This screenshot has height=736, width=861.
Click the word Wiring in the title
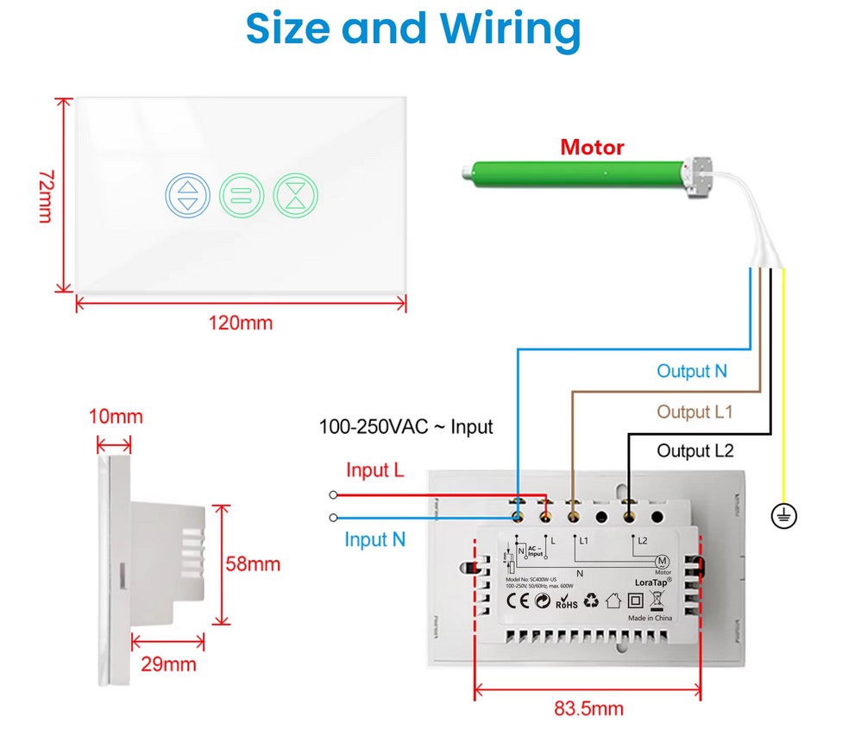click(512, 28)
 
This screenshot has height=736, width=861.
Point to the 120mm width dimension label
click(241, 324)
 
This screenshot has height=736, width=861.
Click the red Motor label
click(592, 147)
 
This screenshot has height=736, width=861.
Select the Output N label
click(692, 371)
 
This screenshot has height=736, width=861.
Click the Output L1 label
click(694, 412)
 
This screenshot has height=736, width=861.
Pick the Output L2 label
click(694, 450)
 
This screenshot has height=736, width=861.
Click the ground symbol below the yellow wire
click(784, 517)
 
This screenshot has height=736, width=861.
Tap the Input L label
click(375, 471)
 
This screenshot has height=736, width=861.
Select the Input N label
click(375, 539)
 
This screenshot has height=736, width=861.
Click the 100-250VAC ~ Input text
click(406, 426)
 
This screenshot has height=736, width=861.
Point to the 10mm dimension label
click(116, 418)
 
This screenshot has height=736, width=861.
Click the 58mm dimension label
click(253, 564)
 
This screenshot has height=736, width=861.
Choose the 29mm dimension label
click(168, 664)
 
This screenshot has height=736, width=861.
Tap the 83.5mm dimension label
click(588, 709)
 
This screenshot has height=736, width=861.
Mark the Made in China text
click(651, 617)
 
